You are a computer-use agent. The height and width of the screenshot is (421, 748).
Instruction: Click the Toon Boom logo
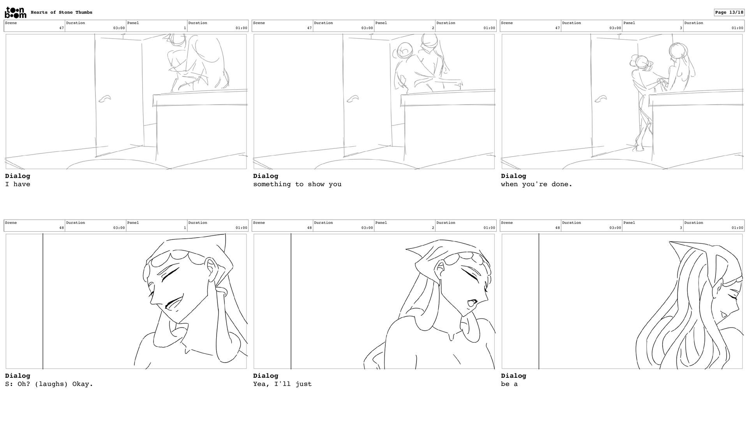[16, 12]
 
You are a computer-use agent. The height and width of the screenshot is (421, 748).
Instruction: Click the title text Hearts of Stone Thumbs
[62, 12]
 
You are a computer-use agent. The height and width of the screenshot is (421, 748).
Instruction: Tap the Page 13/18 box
[729, 12]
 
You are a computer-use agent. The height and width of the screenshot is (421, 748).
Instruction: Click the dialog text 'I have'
[18, 184]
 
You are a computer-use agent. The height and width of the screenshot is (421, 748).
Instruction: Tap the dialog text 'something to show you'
[297, 184]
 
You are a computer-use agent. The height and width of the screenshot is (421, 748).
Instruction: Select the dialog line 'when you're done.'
[536, 184]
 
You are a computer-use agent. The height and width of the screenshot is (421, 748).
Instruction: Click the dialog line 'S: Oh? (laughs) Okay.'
[49, 384]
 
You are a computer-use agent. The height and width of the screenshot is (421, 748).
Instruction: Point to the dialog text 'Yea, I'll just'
[282, 384]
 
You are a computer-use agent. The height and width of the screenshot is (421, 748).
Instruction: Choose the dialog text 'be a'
[509, 384]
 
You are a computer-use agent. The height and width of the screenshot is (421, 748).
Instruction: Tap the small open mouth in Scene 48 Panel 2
[471, 303]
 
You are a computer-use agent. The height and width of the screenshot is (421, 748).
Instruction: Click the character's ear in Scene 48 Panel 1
[212, 268]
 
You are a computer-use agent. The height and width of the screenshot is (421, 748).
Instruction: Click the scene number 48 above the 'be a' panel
[557, 228]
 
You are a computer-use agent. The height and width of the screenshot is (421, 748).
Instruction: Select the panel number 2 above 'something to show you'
[433, 28]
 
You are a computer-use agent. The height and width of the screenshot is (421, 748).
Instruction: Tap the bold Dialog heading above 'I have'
[18, 176]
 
